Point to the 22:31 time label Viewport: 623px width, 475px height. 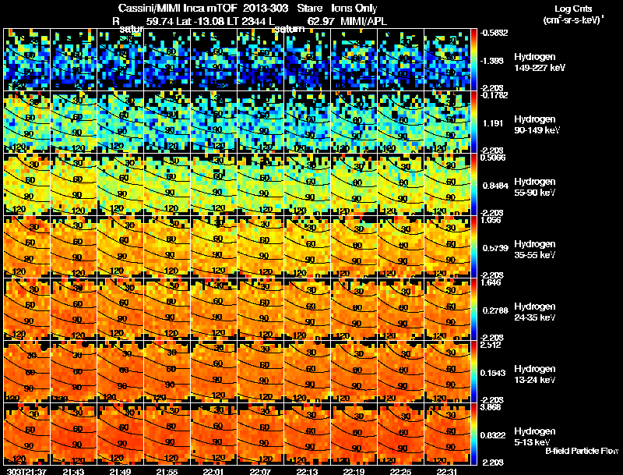click(x=447, y=471)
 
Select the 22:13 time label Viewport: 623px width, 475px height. click(x=306, y=471)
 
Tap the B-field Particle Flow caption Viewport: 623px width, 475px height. click(x=582, y=451)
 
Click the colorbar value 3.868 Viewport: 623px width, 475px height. click(x=493, y=407)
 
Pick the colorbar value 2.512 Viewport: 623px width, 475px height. click(x=493, y=345)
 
